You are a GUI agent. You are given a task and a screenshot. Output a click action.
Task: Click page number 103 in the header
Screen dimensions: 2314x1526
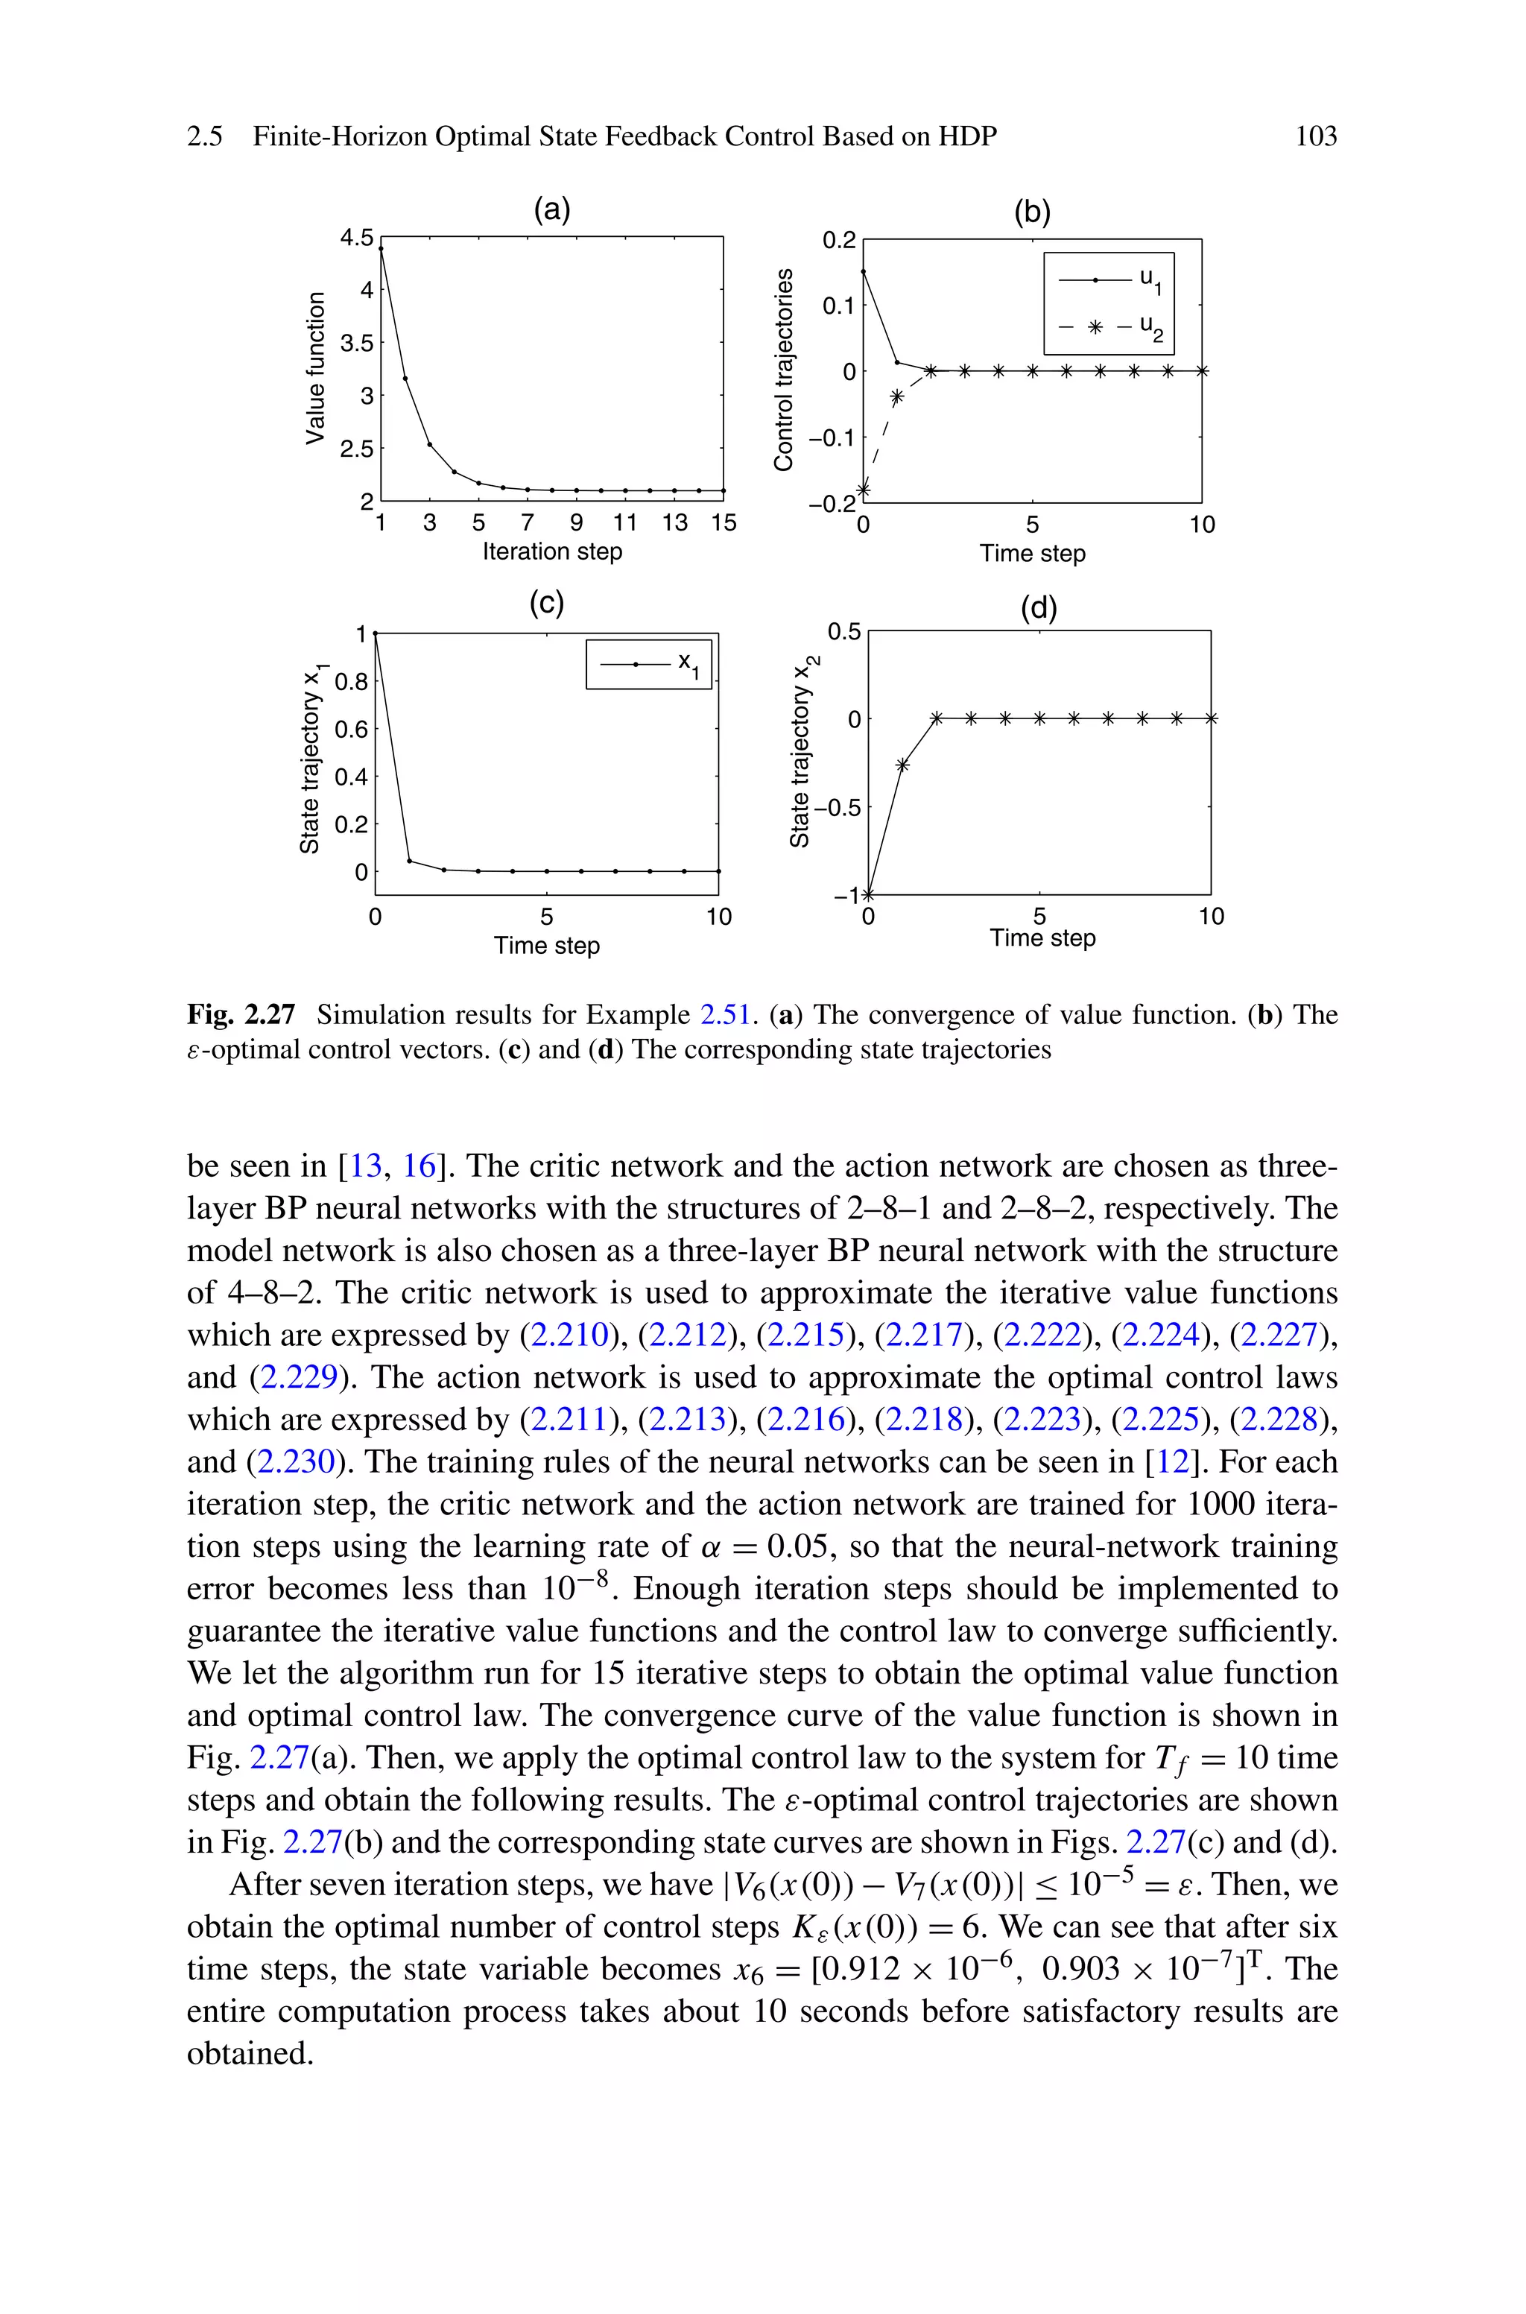tap(1315, 136)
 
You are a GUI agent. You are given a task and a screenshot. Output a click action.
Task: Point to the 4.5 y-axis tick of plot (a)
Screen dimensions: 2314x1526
tap(355, 238)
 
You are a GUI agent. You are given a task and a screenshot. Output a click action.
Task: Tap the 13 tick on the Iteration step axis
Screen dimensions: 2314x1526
tap(674, 523)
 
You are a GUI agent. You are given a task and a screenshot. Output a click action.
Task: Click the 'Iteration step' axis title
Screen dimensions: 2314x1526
tap(552, 551)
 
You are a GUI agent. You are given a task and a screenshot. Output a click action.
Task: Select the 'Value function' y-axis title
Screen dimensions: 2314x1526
tap(314, 368)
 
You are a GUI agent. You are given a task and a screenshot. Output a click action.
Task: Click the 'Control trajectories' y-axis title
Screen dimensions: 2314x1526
tap(783, 370)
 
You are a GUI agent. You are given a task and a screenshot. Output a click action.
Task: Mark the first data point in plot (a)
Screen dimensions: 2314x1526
tap(381, 249)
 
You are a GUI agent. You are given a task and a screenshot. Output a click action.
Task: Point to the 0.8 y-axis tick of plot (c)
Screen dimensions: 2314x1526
tap(352, 681)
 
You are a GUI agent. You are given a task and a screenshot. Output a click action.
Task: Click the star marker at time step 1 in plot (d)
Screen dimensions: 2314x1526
tap(902, 765)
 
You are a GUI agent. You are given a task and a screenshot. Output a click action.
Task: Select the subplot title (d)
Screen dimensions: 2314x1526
tap(1039, 607)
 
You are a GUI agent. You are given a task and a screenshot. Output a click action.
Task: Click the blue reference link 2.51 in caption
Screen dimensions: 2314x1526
tap(725, 1015)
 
